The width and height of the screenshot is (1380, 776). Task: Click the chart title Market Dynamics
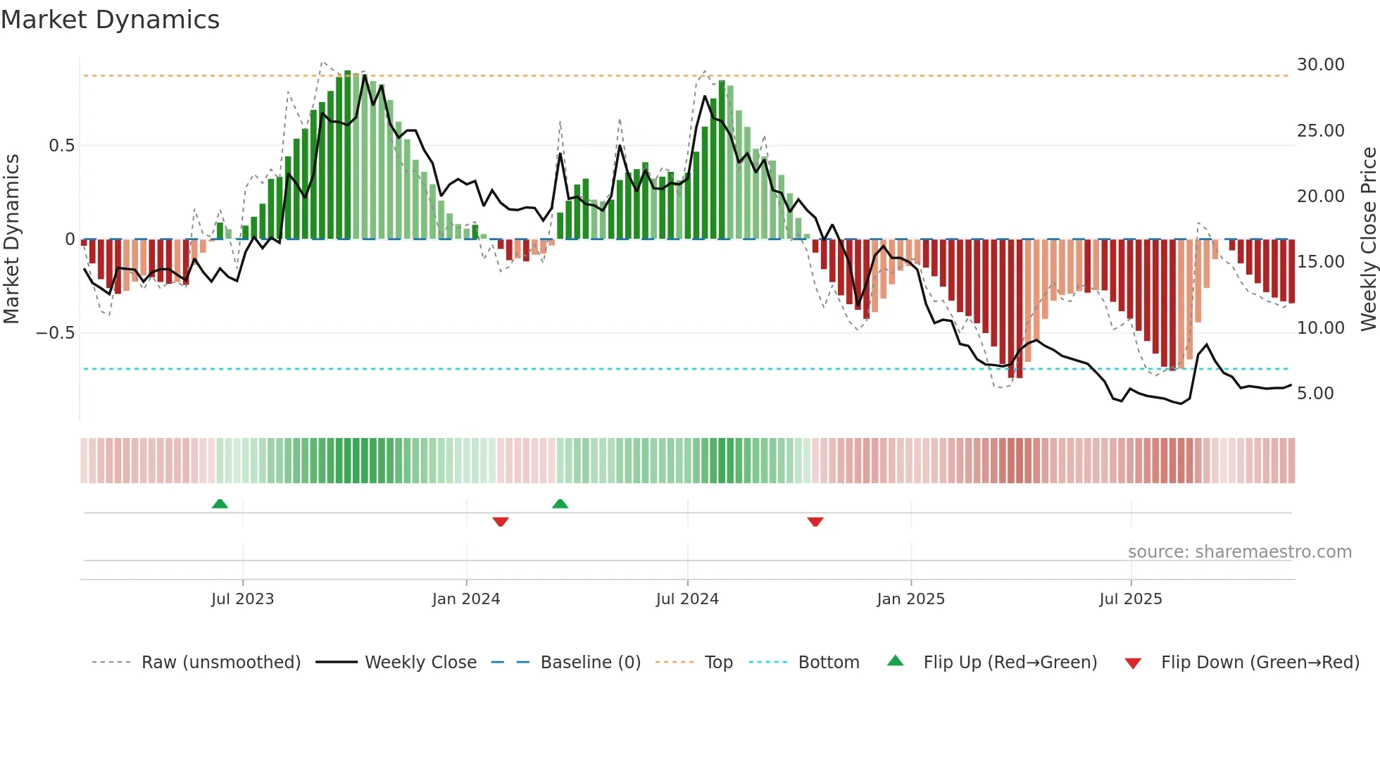(x=111, y=20)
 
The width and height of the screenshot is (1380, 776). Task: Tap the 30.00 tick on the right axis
(x=1320, y=65)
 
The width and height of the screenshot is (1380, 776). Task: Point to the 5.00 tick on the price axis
(x=1315, y=394)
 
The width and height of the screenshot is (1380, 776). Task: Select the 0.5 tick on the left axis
(x=61, y=146)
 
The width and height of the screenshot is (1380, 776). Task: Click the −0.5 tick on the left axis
(x=56, y=333)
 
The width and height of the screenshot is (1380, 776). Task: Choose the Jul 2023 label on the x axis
(x=242, y=599)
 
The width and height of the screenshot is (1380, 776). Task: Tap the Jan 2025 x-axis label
(x=910, y=599)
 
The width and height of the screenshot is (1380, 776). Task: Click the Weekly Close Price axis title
(x=1368, y=239)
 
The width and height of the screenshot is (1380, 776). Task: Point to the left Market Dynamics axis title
(x=11, y=239)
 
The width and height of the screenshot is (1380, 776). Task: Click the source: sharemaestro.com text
(x=1239, y=552)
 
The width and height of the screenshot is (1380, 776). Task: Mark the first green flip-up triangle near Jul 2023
(x=220, y=504)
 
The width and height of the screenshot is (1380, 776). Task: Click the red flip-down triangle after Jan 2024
(x=501, y=522)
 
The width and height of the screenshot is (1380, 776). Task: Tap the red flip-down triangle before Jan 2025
(x=815, y=522)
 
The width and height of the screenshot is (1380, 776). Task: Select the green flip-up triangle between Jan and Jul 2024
(x=560, y=504)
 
